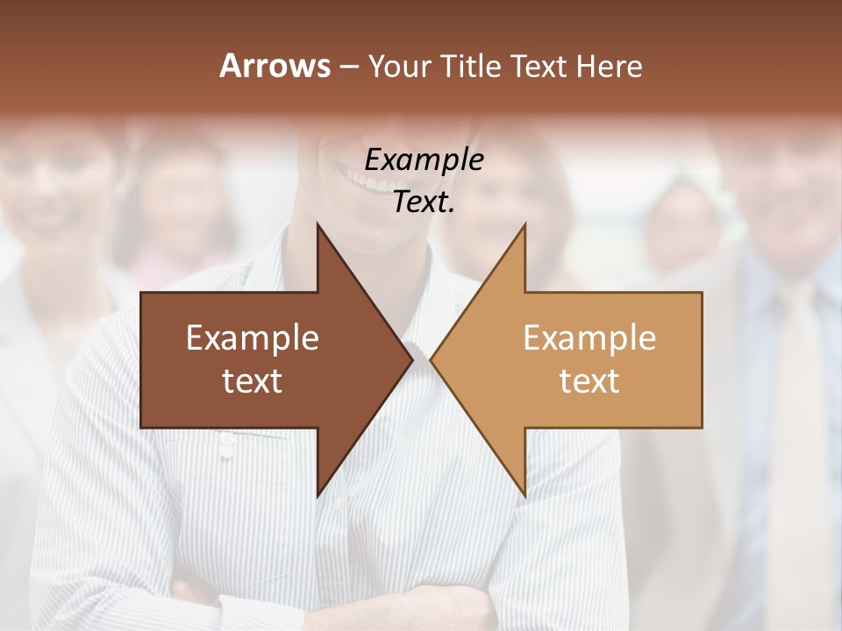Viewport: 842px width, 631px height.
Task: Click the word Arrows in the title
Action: point(275,66)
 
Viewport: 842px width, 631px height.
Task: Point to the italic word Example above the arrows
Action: point(424,160)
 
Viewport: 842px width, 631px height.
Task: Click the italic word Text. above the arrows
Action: point(424,202)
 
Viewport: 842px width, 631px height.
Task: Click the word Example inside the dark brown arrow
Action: point(253,338)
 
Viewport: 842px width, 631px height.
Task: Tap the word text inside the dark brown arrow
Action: point(253,380)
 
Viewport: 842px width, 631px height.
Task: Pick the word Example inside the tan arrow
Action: point(589,338)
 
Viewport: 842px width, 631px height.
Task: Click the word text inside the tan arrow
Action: point(589,380)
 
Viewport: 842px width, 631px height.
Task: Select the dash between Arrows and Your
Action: point(349,67)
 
